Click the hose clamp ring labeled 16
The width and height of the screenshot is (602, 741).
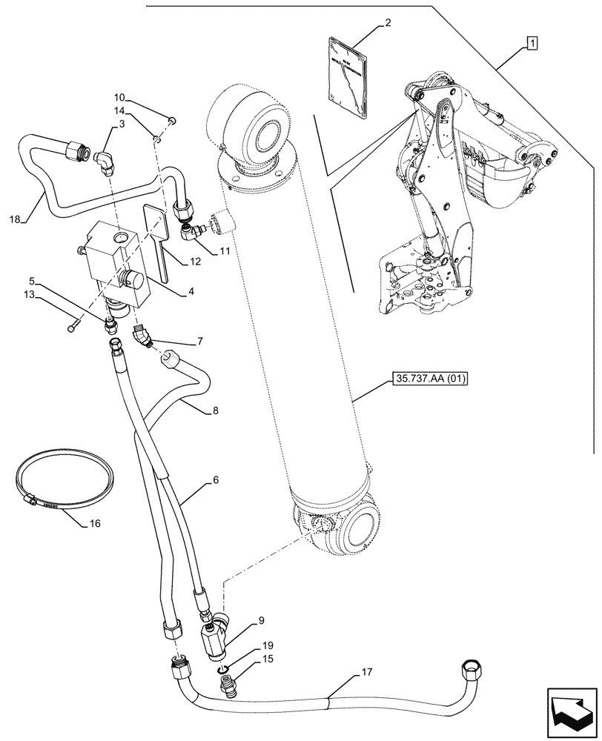pos(64,490)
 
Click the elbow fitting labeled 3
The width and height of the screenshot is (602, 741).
pos(104,159)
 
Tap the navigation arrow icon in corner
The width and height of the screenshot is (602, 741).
pos(572,711)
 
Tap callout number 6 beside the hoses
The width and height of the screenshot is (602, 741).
pos(214,480)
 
